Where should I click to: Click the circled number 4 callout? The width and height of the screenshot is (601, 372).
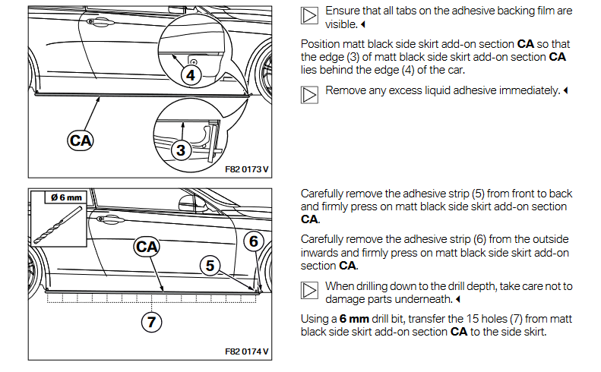[190, 74]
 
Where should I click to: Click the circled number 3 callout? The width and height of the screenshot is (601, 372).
[180, 150]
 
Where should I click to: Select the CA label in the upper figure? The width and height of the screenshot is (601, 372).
[80, 140]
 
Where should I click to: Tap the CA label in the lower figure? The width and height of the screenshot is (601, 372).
[146, 245]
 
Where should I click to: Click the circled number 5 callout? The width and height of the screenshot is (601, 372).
[210, 265]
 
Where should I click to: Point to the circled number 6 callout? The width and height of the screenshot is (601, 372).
[255, 241]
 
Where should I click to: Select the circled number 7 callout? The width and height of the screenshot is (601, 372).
[151, 321]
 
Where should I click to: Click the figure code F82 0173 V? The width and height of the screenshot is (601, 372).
[247, 168]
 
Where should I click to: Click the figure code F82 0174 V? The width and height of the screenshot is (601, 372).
[247, 352]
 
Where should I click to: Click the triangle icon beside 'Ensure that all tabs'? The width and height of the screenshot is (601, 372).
[309, 17]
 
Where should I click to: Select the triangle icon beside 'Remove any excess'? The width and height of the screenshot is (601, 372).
[309, 94]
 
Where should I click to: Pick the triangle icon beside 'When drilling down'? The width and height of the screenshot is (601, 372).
[309, 290]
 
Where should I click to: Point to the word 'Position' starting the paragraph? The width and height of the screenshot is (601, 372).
[319, 44]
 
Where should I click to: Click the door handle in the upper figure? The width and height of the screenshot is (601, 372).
[93, 23]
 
